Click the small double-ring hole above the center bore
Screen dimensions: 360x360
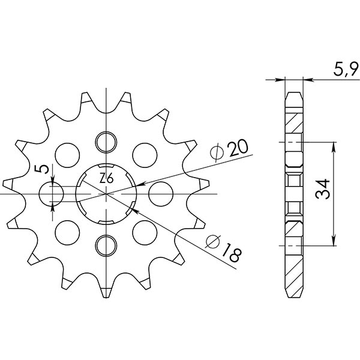[x=106, y=141]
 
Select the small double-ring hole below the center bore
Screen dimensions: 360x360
[x=106, y=244]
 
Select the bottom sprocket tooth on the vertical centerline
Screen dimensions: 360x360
[x=106, y=292]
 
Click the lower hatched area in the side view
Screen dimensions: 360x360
[x=294, y=228]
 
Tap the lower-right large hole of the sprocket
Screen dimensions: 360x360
[x=145, y=231]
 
